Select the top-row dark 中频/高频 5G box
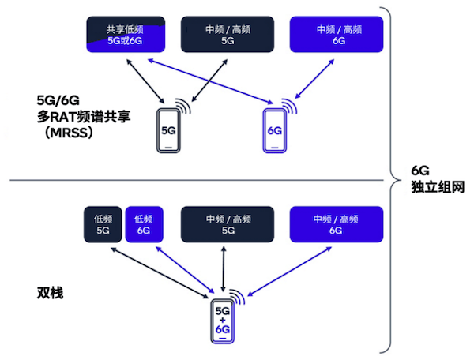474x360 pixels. pyautogui.click(x=228, y=35)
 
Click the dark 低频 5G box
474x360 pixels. pyautogui.click(x=102, y=224)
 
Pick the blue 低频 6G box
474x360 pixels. pyautogui.click(x=143, y=224)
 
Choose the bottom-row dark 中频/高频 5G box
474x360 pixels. pyautogui.click(x=228, y=224)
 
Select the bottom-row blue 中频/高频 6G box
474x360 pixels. pyautogui.click(x=336, y=224)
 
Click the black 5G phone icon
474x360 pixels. pyautogui.click(x=168, y=130)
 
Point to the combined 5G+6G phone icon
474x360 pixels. pyautogui.click(x=222, y=322)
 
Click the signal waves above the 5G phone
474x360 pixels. pyautogui.click(x=184, y=107)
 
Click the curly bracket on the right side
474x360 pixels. pyautogui.click(x=387, y=178)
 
